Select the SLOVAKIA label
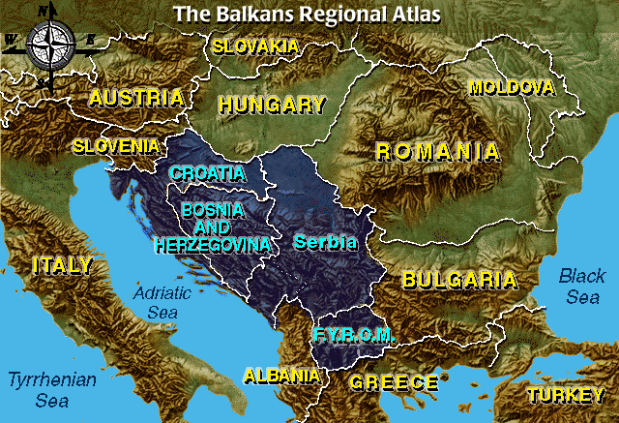pyautogui.click(x=254, y=45)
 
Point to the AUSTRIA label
pyautogui.click(x=135, y=98)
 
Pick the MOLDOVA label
pyautogui.click(x=511, y=88)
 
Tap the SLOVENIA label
pyautogui.click(x=116, y=146)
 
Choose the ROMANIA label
pyautogui.click(x=438, y=151)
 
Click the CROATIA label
pyautogui.click(x=207, y=173)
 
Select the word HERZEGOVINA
pyautogui.click(x=212, y=246)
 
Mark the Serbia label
pyautogui.click(x=326, y=241)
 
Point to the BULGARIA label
pyautogui.click(x=458, y=281)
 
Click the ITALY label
pyautogui.click(x=62, y=265)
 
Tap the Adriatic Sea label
pyautogui.click(x=157, y=301)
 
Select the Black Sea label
pyautogui.click(x=582, y=287)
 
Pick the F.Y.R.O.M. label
pyautogui.click(x=353, y=335)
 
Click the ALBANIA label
pyautogui.click(x=281, y=376)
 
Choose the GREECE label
pyautogui.click(x=394, y=382)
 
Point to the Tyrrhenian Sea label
pyautogui.click(x=51, y=389)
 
